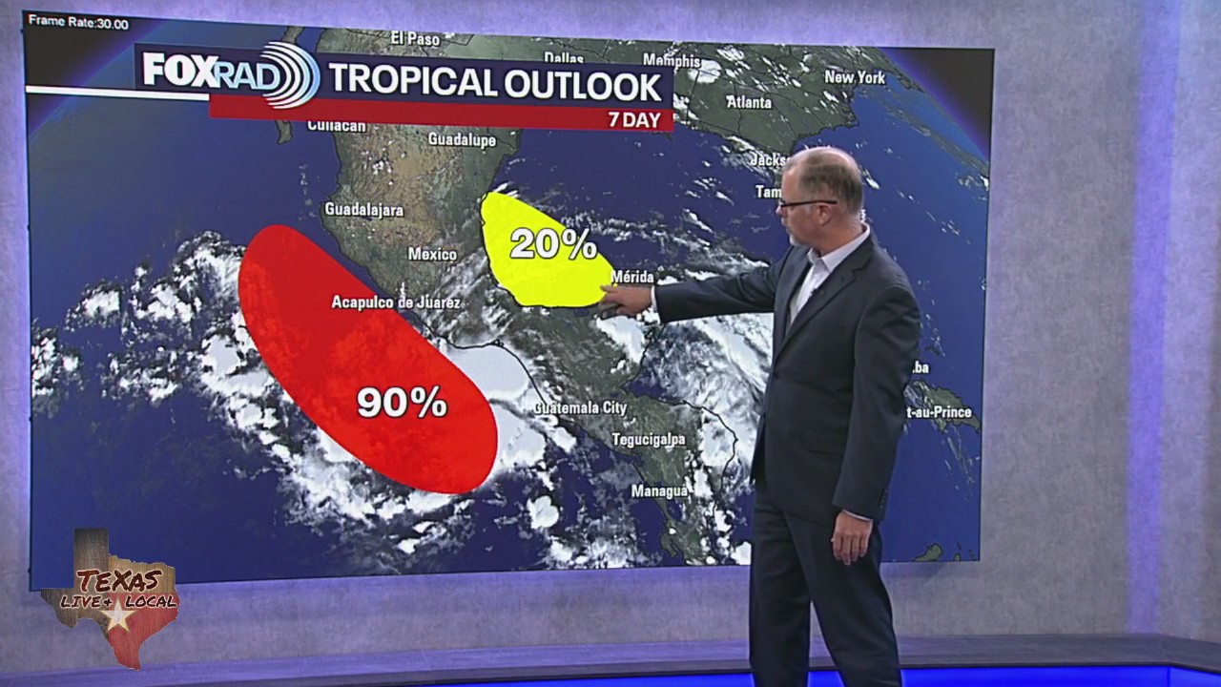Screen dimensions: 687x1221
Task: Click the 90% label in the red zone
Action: coord(402,402)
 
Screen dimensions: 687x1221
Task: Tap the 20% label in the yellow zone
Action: coord(552,244)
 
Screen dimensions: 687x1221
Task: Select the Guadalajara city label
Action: coord(363,209)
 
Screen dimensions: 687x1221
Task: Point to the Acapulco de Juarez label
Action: coord(396,302)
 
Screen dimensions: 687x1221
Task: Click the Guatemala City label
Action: coord(580,407)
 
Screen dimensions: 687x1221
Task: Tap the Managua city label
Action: coord(659,490)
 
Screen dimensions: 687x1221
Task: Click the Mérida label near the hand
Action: coord(632,277)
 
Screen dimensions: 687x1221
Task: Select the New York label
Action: coord(855,77)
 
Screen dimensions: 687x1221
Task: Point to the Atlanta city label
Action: coord(749,101)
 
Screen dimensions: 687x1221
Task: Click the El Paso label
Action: coord(416,38)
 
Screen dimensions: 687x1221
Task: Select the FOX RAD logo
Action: coord(229,73)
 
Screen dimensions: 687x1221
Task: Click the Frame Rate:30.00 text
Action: coord(78,23)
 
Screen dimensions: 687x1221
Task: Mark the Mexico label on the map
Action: coord(432,254)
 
